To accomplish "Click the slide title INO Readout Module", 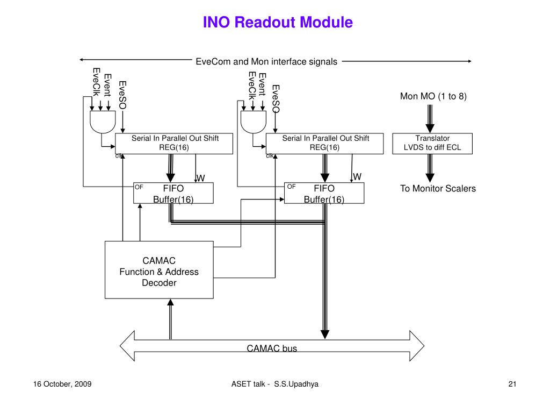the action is tap(278, 22).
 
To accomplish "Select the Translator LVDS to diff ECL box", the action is tap(432, 143).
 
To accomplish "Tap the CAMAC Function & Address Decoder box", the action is tap(159, 270).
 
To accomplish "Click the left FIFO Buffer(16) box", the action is tap(173, 193).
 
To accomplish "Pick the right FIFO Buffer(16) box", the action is tap(324, 193).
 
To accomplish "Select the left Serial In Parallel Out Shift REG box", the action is tap(174, 143).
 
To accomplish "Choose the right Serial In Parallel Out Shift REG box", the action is tap(324, 143).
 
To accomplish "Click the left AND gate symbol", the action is tap(103, 122).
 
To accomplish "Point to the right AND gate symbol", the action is tap(254, 122).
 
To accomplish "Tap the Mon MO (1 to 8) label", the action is tap(433, 96).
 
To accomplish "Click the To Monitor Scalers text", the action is tap(438, 189).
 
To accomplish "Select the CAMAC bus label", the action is tap(272, 348).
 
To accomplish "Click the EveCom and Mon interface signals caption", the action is tap(266, 62).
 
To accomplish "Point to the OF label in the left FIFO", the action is tap(139, 187).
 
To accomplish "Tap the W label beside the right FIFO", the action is tap(357, 176).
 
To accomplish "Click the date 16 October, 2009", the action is tap(62, 384).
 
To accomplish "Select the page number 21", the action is tap(512, 384).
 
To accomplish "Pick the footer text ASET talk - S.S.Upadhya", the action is tap(274, 384).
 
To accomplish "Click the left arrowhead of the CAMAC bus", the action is tap(120, 346).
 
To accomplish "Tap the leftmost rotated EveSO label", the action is tap(122, 95).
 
